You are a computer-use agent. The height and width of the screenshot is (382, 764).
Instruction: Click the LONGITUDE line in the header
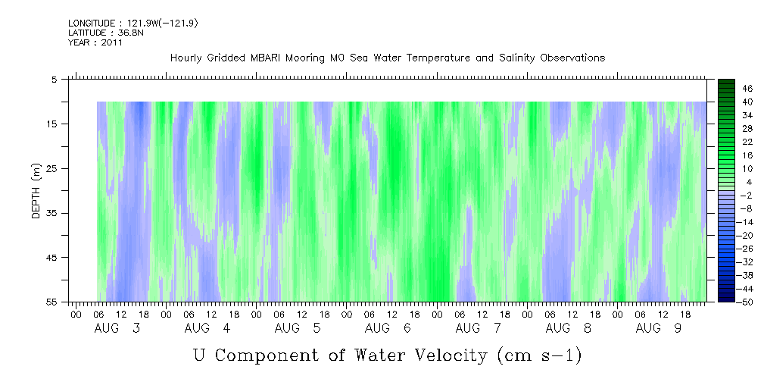pos(133,23)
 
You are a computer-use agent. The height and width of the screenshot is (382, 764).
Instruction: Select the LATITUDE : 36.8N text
pos(106,33)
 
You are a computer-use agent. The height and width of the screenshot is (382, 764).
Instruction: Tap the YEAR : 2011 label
pos(95,42)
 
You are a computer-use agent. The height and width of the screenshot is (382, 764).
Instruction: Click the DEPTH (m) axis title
pos(36,191)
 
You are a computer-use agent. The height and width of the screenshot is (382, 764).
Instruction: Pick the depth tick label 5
pos(54,79)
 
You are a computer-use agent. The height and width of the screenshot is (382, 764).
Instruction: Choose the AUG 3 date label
pos(117,328)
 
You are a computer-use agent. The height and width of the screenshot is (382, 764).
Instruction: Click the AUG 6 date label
pos(388,328)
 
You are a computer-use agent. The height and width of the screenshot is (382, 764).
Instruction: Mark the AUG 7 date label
pos(478,328)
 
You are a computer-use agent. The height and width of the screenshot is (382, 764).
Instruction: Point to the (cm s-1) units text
pos(539,355)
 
